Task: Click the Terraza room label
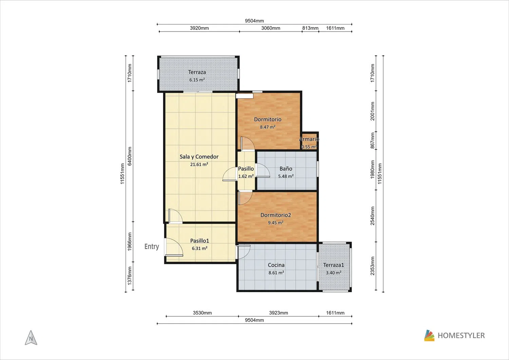(x=197, y=72)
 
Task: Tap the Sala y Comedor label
(x=199, y=157)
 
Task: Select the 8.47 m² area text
(x=268, y=127)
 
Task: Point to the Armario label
(x=309, y=139)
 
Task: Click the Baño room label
(x=286, y=169)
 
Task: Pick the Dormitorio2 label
(x=276, y=215)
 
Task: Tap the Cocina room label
(x=276, y=265)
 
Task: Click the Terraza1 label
(x=334, y=265)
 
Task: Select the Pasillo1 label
(x=200, y=241)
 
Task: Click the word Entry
(x=152, y=247)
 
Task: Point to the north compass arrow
(x=31, y=338)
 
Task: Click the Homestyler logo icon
(x=429, y=336)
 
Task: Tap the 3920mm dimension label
(x=199, y=28)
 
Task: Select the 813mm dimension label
(x=310, y=28)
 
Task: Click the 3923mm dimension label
(x=279, y=313)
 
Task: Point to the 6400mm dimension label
(x=130, y=156)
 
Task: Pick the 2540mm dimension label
(x=373, y=216)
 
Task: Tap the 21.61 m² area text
(x=199, y=164)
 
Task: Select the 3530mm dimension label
(x=202, y=313)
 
